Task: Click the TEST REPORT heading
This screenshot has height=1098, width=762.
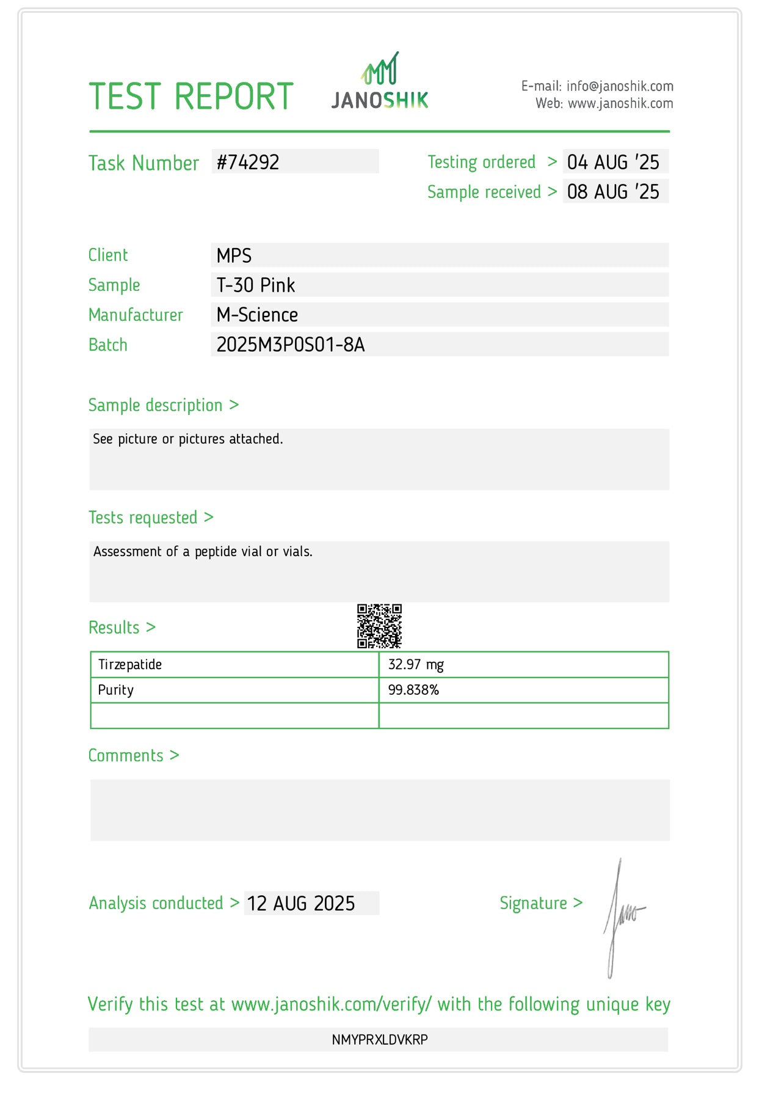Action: pyautogui.click(x=191, y=97)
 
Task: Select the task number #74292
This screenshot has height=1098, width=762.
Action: pyautogui.click(x=248, y=162)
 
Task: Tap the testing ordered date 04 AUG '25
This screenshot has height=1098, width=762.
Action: pyautogui.click(x=613, y=162)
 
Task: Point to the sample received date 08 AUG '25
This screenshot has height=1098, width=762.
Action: pyautogui.click(x=613, y=192)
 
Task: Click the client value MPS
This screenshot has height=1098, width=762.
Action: pyautogui.click(x=234, y=255)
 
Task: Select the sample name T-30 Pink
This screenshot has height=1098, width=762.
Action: pyautogui.click(x=256, y=285)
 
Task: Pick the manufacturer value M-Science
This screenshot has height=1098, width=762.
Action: pyautogui.click(x=257, y=315)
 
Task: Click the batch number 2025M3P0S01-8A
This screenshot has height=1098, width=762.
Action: pyautogui.click(x=291, y=345)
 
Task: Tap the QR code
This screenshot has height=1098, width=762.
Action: pyautogui.click(x=379, y=626)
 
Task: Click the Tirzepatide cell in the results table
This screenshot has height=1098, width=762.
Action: pyautogui.click(x=130, y=665)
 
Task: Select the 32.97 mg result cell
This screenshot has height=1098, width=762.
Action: pyautogui.click(x=416, y=665)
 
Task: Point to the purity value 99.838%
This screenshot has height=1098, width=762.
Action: pyautogui.click(x=413, y=690)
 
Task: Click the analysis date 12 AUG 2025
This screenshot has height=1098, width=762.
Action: pyautogui.click(x=301, y=903)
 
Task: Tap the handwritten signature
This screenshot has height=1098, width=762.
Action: pyautogui.click(x=621, y=917)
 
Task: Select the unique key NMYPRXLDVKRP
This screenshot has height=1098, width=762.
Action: pyautogui.click(x=380, y=1039)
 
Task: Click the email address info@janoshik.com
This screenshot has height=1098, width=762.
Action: pyautogui.click(x=620, y=86)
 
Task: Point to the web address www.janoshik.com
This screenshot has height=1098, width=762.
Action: pyautogui.click(x=620, y=103)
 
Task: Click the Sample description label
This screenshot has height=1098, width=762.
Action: pyautogui.click(x=155, y=405)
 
